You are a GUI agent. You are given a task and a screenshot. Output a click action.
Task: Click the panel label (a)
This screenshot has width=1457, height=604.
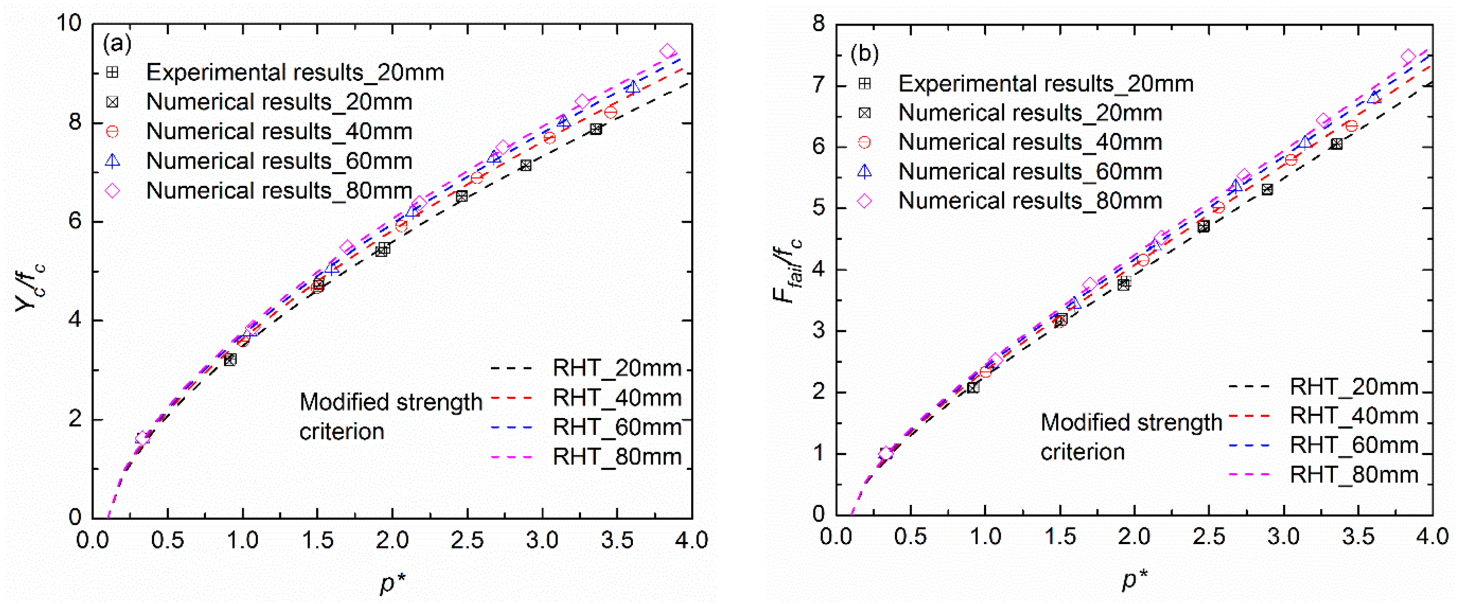117,43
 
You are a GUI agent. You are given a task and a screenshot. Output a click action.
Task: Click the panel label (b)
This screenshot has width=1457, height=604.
864,54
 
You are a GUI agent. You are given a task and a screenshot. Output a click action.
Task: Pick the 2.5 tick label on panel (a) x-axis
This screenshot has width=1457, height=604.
467,540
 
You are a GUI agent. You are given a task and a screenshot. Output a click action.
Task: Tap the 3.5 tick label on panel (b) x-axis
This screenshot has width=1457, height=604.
1358,536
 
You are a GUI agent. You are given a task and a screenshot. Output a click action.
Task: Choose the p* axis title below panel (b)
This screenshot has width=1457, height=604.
1135,579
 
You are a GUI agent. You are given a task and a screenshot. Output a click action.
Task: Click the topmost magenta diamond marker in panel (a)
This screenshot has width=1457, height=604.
668,51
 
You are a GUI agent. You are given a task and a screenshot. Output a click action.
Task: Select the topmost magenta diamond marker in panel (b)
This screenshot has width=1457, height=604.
1408,57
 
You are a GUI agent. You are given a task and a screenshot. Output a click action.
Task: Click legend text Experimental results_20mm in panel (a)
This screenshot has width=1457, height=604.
295,73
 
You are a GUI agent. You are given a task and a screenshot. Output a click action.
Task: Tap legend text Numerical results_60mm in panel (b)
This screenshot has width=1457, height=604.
1030,171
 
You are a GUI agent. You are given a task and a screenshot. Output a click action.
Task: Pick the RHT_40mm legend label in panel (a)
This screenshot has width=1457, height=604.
616,398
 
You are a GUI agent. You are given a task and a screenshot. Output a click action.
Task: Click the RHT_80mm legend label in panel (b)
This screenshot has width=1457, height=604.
1354,475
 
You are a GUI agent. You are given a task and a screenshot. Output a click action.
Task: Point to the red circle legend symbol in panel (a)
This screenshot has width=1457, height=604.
113,132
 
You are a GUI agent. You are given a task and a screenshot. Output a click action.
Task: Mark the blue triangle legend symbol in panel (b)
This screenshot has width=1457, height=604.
864,171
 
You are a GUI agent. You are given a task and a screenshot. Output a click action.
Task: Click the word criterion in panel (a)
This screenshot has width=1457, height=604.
342,432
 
